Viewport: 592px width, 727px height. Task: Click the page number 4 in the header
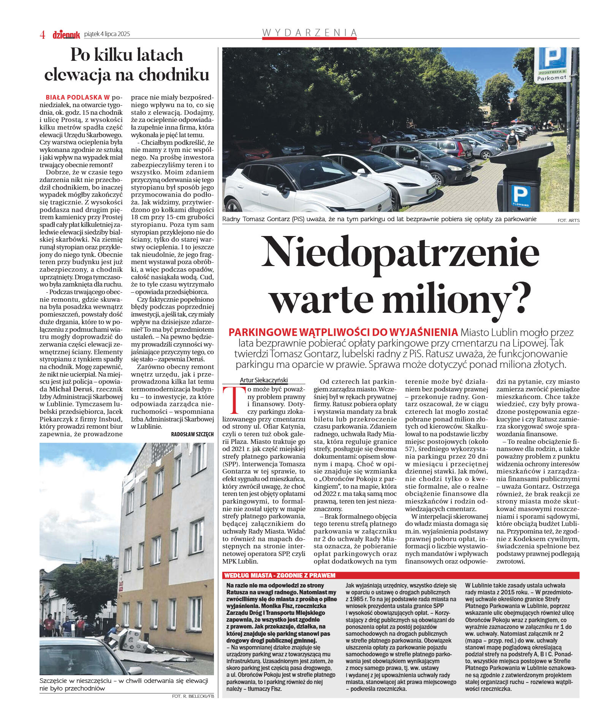pyautogui.click(x=42, y=35)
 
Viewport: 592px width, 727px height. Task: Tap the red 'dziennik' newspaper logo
pyautogui.click(x=66, y=35)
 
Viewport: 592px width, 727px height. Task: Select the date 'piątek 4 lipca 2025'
pyautogui.click(x=107, y=34)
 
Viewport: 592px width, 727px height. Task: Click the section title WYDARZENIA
pyautogui.click(x=309, y=33)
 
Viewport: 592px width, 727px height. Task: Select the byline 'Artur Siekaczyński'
pyautogui.click(x=264, y=380)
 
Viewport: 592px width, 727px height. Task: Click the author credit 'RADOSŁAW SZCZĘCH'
pyautogui.click(x=192, y=434)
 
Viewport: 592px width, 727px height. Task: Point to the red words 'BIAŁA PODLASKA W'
pyautogui.click(x=78, y=97)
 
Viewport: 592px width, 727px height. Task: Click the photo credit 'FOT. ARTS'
pyautogui.click(x=568, y=220)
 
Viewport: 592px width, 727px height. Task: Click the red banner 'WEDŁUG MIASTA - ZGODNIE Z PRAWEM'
pyautogui.click(x=280, y=575)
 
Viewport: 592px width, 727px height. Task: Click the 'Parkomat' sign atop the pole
pyautogui.click(x=552, y=78)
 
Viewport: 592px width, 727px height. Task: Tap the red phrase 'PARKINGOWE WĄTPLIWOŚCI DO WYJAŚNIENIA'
pyautogui.click(x=343, y=332)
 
